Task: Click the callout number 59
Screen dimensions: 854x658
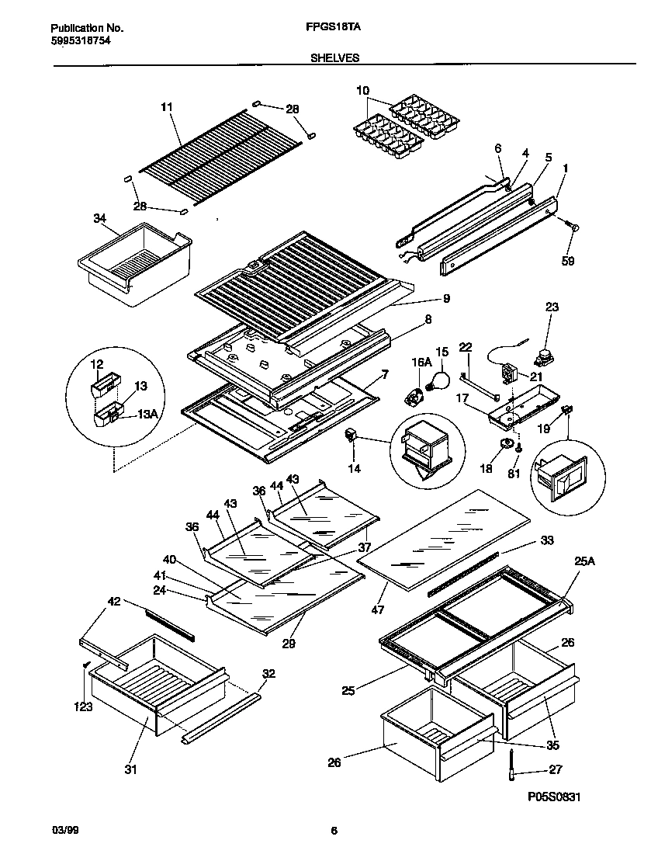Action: pyautogui.click(x=568, y=262)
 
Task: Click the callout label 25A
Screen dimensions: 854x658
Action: pyautogui.click(x=584, y=561)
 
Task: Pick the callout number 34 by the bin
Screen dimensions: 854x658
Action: pyautogui.click(x=100, y=219)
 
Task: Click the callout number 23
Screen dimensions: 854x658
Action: pyautogui.click(x=551, y=307)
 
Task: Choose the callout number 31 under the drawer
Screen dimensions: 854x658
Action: pyautogui.click(x=130, y=769)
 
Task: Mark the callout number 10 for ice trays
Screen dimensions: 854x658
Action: pyautogui.click(x=362, y=91)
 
